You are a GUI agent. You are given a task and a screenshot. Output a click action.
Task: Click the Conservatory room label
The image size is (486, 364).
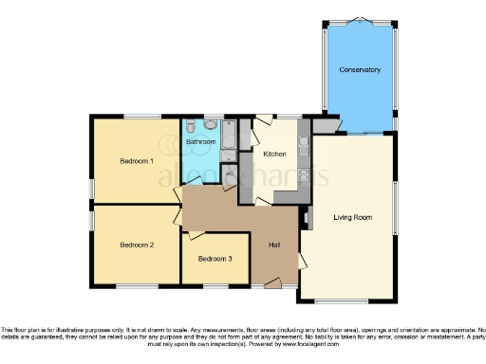tap(360, 70)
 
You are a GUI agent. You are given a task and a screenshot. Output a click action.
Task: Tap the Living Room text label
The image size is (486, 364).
tap(352, 217)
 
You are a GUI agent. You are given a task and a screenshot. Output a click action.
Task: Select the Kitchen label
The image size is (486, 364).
tap(274, 154)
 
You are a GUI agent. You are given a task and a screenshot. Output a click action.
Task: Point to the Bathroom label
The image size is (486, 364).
tap(200, 142)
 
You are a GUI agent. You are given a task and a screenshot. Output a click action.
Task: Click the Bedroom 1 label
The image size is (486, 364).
tap(137, 161)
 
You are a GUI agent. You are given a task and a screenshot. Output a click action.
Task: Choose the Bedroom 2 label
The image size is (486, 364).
tap(137, 245)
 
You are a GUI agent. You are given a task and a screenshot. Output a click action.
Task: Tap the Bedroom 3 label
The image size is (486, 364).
tap(215, 259)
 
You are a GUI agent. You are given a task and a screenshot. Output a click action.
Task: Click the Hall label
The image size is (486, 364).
tap(274, 246)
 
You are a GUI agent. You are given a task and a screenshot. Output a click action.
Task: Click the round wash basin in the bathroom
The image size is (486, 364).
tap(210, 125)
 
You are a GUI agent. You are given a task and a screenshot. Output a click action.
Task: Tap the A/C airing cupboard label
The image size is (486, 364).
tap(230, 173)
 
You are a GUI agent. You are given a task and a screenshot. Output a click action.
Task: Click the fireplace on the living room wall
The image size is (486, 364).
tap(307, 217)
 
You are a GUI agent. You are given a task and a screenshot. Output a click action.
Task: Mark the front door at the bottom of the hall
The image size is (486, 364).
tap(272, 282)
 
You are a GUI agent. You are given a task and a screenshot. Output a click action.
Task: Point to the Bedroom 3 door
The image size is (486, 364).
tap(196, 234)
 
